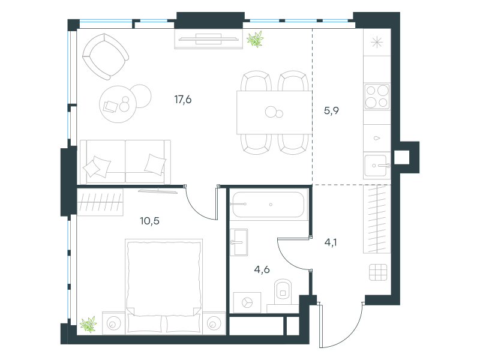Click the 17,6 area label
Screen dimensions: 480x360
(183, 100)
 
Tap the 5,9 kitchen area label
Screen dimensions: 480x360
(331, 110)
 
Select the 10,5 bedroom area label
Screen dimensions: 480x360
(149, 221)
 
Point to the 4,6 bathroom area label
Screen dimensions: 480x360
(262, 269)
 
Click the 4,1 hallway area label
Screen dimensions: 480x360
(331, 242)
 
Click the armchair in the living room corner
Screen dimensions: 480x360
(106, 57)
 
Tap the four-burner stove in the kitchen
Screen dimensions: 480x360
(377, 97)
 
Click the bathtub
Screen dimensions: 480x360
(268, 205)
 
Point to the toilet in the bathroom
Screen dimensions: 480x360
(283, 292)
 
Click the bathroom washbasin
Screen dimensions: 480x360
(239, 242)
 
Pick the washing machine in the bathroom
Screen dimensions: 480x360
(247, 303)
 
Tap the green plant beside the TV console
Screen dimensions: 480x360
(256, 39)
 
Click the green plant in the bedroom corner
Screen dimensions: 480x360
(88, 325)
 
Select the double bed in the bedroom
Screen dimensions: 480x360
(164, 287)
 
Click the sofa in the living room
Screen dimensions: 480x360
(125, 161)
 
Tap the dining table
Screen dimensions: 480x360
(274, 112)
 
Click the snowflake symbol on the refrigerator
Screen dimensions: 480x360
(377, 42)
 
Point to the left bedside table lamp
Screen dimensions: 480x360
(113, 323)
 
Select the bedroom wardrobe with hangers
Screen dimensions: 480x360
(100, 202)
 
